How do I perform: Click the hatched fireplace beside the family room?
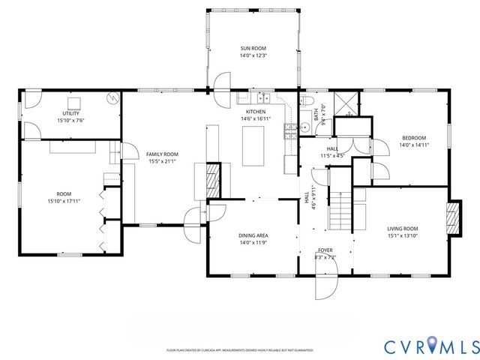[213, 180]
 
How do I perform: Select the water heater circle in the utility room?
[112, 97]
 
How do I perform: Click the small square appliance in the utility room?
[75, 103]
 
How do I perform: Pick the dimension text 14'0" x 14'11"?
[413, 145]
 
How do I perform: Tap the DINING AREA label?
[253, 235]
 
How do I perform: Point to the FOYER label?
[325, 250]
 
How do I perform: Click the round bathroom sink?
[306, 127]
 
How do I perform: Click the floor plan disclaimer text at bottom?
[239, 349]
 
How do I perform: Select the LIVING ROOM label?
[402, 229]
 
